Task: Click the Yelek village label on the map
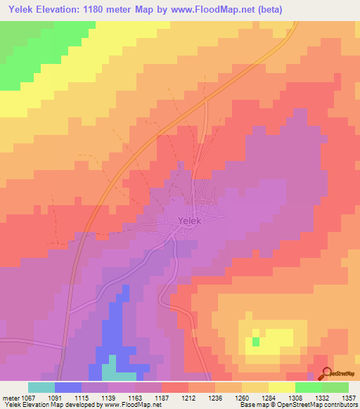click(190, 221)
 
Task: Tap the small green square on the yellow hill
click(255, 342)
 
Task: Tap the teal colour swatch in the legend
click(41, 387)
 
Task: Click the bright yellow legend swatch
click(281, 387)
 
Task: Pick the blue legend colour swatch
click(67, 387)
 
